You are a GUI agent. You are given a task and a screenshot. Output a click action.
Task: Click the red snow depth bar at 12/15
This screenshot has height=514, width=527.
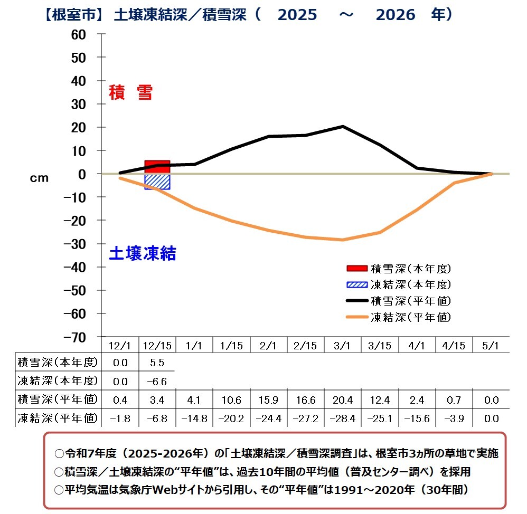point(157,167)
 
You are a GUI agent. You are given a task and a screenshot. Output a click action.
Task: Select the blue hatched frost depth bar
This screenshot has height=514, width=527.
point(157,182)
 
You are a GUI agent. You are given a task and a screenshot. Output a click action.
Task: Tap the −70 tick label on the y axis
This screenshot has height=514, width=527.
point(74,337)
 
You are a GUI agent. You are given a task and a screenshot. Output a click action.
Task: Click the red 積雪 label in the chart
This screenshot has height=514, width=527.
point(130,93)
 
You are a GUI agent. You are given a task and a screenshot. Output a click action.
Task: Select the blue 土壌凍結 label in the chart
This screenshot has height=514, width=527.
point(142,254)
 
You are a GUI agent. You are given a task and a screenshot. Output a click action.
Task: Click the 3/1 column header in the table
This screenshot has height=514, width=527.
point(342,346)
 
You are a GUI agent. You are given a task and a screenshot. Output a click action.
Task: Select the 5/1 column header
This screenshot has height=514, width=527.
point(491,346)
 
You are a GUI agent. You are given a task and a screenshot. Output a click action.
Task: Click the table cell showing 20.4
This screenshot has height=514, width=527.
point(342,401)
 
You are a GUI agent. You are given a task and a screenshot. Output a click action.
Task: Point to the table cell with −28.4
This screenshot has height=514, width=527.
point(342,419)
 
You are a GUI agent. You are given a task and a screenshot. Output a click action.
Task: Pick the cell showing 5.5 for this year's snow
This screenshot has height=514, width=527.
point(157,363)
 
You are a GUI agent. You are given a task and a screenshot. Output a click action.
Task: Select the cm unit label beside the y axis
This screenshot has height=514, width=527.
point(39,178)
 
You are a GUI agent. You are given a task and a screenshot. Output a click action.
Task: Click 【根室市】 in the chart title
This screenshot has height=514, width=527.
point(72,14)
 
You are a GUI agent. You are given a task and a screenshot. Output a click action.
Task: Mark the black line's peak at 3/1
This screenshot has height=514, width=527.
point(342,127)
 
